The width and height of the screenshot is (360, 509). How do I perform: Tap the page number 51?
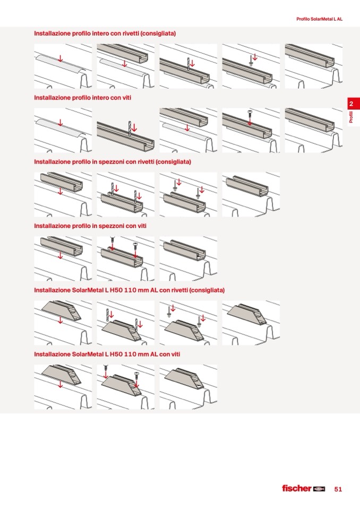[x=338, y=489]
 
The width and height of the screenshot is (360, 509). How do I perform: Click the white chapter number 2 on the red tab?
[x=351, y=104]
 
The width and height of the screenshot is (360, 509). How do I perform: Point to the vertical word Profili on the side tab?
[x=351, y=117]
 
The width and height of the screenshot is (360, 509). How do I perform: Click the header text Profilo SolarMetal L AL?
[x=319, y=19]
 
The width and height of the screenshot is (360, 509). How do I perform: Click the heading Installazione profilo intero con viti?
[x=82, y=97]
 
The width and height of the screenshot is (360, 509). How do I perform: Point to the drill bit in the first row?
[x=188, y=64]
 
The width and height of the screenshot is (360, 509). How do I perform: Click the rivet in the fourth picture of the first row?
[x=251, y=61]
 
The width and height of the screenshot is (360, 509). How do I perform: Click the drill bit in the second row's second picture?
[x=130, y=128]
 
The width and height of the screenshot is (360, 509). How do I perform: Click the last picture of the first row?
[x=314, y=66]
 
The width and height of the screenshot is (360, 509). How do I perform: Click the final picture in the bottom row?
[x=188, y=387]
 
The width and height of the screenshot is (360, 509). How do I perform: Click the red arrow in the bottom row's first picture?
[x=60, y=384]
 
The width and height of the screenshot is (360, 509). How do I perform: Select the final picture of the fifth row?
[x=251, y=323]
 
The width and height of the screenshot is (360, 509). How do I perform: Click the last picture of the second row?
[x=314, y=130]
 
